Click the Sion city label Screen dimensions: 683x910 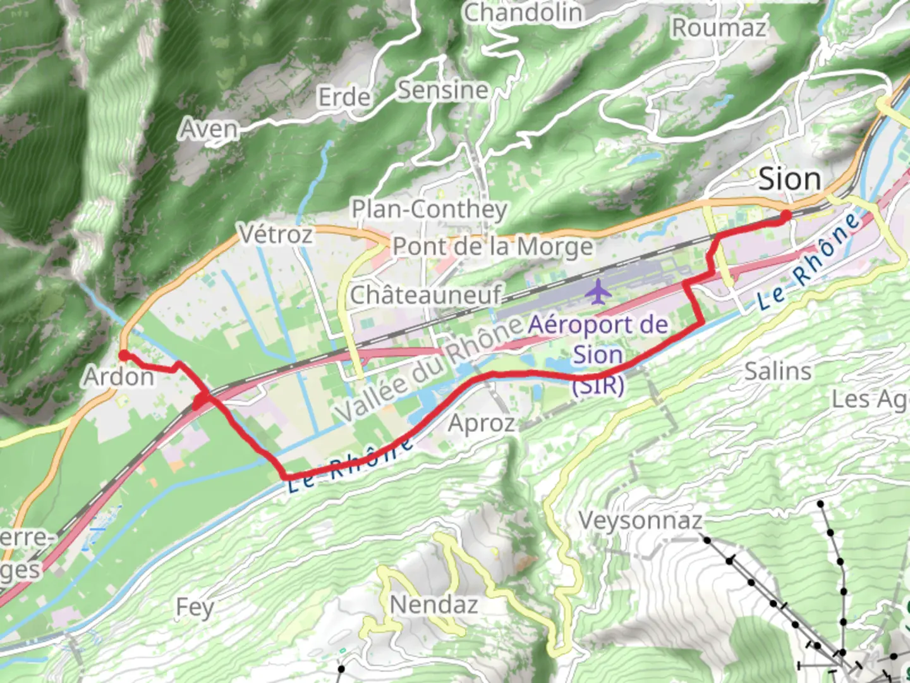789,179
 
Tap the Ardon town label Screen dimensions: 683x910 119,377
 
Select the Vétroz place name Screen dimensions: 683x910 276,235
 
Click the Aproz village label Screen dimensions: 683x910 481,423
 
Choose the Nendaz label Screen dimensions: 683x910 434,605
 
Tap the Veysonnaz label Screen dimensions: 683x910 640,520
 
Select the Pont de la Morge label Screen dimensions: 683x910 493,247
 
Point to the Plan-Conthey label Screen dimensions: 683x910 429,209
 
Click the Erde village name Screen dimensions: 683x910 344,97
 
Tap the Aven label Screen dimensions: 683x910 209,129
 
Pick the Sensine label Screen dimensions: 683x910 443,90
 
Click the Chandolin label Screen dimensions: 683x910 523,12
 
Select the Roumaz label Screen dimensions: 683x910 719,28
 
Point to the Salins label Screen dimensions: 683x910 777,371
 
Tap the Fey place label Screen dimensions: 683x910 194,607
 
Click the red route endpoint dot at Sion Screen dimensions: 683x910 786,216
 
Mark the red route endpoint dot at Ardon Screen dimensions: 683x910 124,355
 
